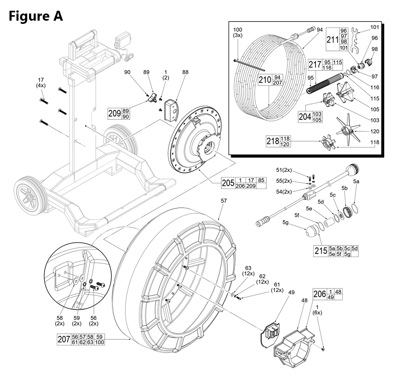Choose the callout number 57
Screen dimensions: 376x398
pyautogui.click(x=223, y=201)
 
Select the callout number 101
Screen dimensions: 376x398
pyautogui.click(x=375, y=27)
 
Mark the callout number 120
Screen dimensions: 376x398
pyautogui.click(x=375, y=131)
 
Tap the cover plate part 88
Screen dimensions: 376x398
pyautogui.click(x=172, y=110)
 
